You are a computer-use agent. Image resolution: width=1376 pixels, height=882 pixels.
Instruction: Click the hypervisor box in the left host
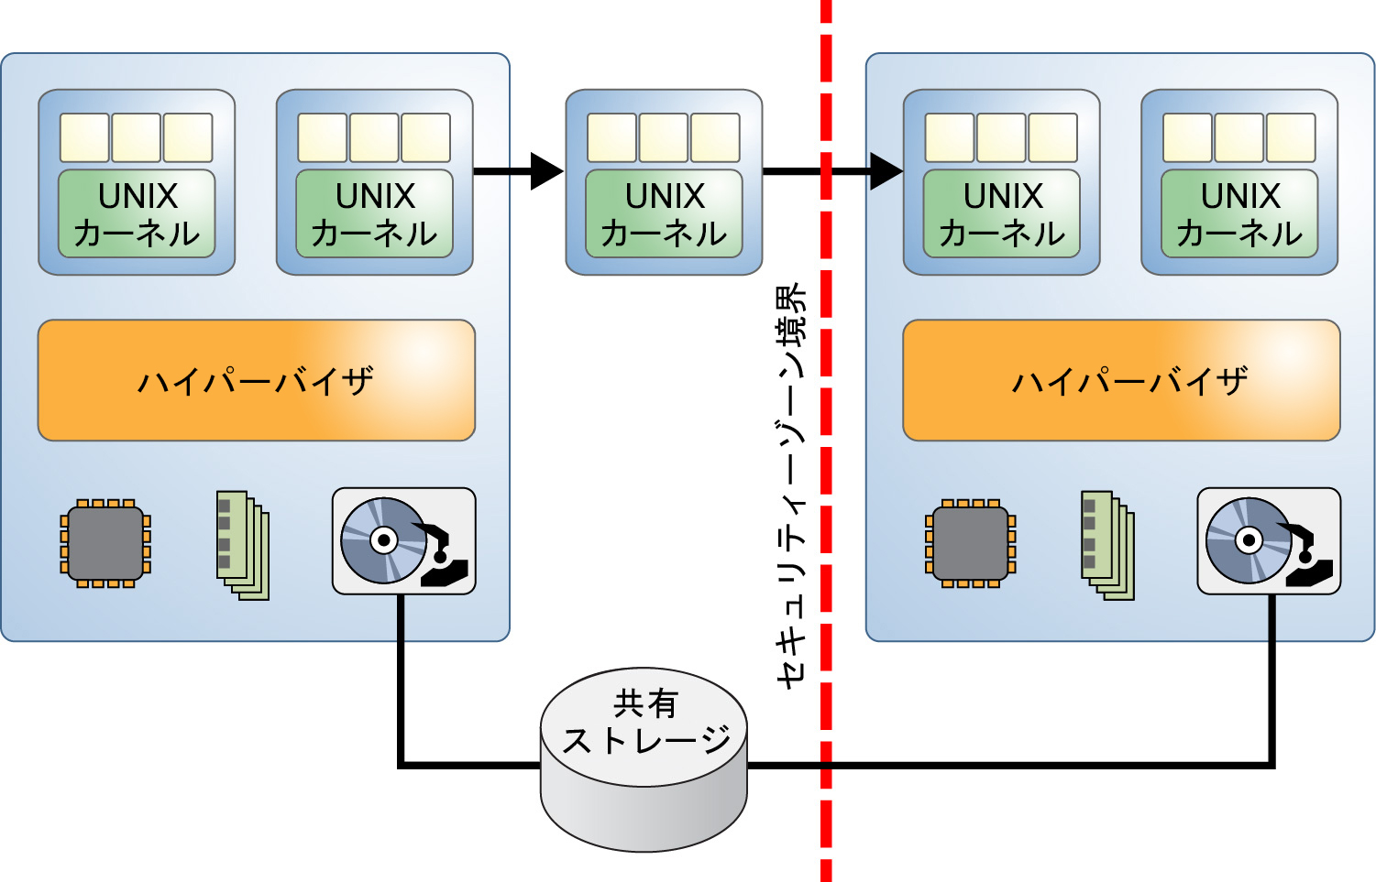256,380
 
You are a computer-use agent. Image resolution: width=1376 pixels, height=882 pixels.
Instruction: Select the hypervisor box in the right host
1121,380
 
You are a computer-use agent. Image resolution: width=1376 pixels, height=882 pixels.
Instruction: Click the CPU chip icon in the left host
105,543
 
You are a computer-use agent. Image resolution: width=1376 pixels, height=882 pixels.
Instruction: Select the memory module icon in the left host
242,546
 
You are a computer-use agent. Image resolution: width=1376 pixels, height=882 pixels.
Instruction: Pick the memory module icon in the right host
1107,546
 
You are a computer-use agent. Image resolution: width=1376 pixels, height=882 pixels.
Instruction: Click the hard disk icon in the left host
403,541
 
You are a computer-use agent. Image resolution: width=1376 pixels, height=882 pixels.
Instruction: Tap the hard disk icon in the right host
1269,541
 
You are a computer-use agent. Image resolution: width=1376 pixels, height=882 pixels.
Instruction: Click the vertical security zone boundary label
790,485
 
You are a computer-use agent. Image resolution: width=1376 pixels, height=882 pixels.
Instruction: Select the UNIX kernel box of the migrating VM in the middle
664,213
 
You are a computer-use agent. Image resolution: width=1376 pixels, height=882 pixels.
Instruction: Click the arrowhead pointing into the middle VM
546,171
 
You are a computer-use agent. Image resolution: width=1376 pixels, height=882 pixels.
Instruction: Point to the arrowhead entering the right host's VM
886,171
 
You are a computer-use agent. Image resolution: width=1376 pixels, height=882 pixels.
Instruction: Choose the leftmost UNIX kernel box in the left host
137,213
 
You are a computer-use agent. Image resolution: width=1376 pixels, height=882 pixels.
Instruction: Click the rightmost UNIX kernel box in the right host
1239,213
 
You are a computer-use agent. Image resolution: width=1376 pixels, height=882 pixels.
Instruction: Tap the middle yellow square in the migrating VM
664,137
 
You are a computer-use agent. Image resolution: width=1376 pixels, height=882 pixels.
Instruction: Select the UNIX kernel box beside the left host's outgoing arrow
374,213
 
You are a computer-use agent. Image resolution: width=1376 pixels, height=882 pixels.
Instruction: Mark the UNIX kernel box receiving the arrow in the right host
1002,213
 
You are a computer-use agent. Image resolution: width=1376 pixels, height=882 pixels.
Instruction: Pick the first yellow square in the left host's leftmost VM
84,137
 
